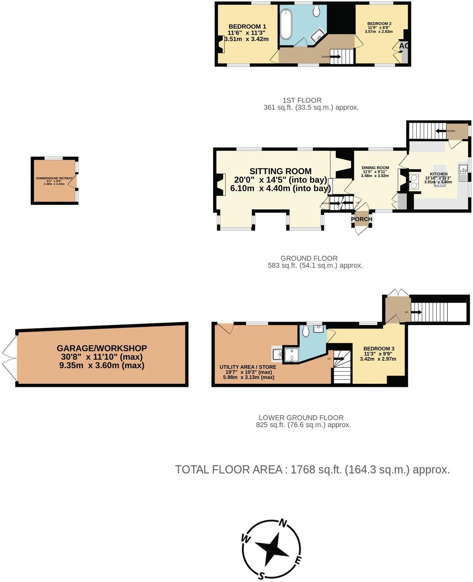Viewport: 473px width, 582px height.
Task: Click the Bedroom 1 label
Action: click(x=247, y=27)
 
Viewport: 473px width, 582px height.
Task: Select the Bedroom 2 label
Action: click(x=379, y=24)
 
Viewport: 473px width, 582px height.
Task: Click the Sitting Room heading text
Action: click(x=280, y=171)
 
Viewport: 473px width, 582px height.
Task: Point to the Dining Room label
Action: click(x=375, y=168)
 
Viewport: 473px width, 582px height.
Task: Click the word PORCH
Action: click(x=362, y=219)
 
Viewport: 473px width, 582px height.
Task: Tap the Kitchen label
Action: click(x=438, y=174)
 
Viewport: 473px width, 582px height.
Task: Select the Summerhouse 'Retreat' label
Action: click(x=54, y=178)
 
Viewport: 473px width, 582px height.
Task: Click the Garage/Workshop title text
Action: click(x=102, y=348)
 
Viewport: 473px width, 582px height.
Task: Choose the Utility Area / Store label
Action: click(x=248, y=367)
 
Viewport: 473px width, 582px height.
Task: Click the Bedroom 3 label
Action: click(x=379, y=349)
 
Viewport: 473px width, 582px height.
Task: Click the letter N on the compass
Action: click(x=283, y=523)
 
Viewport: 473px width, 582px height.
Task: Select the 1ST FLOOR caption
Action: click(x=302, y=100)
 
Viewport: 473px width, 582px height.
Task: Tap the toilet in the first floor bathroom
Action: click(x=317, y=11)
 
